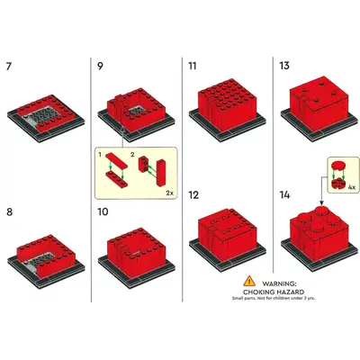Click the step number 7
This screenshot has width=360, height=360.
click(x=9, y=67)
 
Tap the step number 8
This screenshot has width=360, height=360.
click(x=10, y=212)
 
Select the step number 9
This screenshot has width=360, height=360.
click(x=101, y=66)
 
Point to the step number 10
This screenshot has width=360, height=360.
click(x=103, y=211)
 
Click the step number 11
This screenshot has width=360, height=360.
click(x=193, y=66)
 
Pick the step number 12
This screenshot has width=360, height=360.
click(x=193, y=195)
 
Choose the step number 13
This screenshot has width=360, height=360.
click(x=284, y=66)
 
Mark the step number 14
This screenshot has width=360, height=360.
click(x=285, y=195)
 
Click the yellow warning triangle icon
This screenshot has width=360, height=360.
click(x=249, y=282)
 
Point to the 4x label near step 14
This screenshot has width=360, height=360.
click(x=352, y=187)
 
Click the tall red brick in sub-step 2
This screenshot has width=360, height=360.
click(x=160, y=173)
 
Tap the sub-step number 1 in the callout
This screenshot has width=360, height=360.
click(x=100, y=155)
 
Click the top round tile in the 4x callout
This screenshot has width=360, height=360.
click(x=338, y=166)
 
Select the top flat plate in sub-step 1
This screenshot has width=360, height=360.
click(x=116, y=160)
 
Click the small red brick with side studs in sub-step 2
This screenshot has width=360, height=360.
click(x=143, y=165)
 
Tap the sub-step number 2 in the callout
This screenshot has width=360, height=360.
click(x=132, y=155)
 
